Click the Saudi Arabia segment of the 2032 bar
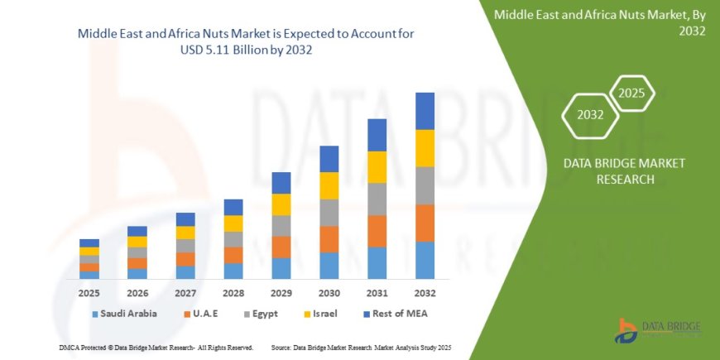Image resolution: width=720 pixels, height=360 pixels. click(x=425, y=260)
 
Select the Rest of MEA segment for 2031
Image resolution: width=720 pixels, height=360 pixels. click(x=377, y=135)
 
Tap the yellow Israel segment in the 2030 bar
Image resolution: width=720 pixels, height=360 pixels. click(x=329, y=185)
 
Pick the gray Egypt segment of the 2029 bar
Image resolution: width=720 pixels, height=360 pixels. click(x=281, y=226)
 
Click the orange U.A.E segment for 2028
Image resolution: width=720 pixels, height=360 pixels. click(x=233, y=255)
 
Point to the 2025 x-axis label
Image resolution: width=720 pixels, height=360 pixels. click(x=89, y=293)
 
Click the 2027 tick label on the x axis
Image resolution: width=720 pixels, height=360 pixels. click(x=185, y=293)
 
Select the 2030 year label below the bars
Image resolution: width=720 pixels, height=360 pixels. click(x=329, y=293)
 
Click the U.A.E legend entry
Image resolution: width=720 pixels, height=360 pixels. click(x=206, y=314)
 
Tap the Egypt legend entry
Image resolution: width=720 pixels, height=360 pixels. click(x=260, y=314)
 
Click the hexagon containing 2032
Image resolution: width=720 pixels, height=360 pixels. click(x=590, y=115)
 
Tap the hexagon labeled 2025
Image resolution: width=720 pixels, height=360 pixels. click(x=631, y=93)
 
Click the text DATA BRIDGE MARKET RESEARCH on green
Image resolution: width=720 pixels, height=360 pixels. click(x=623, y=171)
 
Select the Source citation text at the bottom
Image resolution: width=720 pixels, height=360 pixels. click(x=361, y=347)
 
